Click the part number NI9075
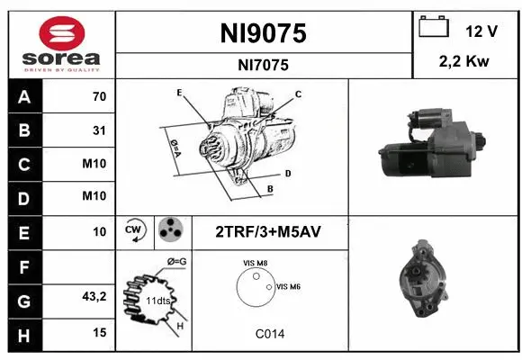click(264, 33)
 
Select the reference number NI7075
click(264, 64)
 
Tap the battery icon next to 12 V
click(435, 28)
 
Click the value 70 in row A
click(99, 97)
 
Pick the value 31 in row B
click(99, 130)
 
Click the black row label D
click(23, 195)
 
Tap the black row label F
click(23, 265)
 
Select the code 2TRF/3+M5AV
click(267, 231)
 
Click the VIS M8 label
click(255, 263)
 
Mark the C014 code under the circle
click(269, 333)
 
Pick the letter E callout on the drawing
click(179, 93)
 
